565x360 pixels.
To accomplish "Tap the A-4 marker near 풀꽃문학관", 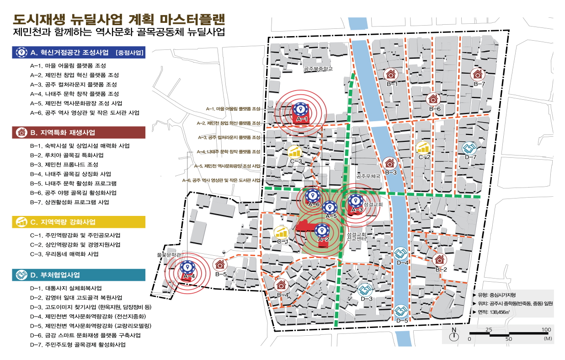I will pos(187,267).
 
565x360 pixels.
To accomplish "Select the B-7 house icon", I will pos(478,74).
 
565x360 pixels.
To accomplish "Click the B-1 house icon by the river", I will pos(391,74).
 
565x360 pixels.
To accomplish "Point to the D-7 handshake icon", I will pos(469,148).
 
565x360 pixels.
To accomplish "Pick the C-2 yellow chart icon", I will pos(423,147).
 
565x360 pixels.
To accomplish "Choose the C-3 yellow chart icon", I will pos(295,151).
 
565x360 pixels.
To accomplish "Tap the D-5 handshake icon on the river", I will pos(401,311).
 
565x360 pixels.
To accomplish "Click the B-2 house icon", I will pos(440,259).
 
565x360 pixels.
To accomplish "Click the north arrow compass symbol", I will pos(454,336).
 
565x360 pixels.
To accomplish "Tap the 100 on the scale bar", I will pos(546,330).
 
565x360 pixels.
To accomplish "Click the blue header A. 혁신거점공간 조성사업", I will pos(79,52).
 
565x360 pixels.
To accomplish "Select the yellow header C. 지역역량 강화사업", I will pos(79,222).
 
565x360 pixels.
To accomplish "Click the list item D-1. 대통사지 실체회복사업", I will pos(65,289).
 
